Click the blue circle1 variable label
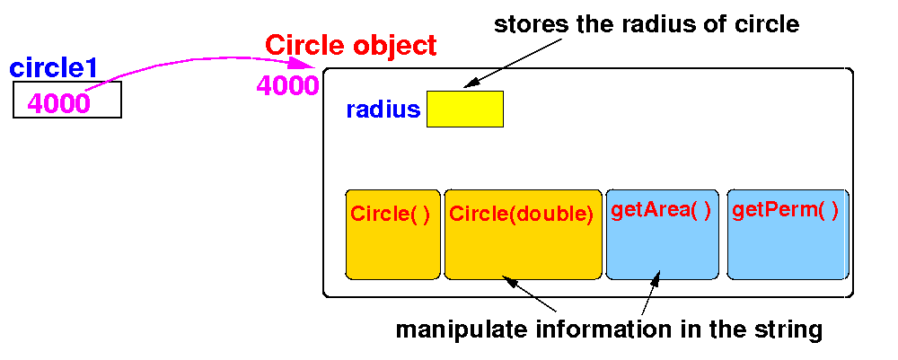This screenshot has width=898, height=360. [x=53, y=67]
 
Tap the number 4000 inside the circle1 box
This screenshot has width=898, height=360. [x=59, y=103]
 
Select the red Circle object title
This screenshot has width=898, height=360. [x=351, y=45]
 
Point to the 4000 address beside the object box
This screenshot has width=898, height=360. [x=287, y=85]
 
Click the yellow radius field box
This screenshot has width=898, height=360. [x=464, y=109]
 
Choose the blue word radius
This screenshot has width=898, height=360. [x=383, y=110]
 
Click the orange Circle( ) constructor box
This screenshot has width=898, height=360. [x=392, y=233]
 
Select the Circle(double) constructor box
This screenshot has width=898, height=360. [x=523, y=233]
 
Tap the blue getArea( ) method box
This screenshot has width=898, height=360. [x=662, y=233]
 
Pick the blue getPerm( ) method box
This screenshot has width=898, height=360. [x=788, y=233]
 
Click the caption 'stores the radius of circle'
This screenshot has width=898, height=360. [x=647, y=23]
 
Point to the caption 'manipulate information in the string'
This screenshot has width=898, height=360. [x=609, y=329]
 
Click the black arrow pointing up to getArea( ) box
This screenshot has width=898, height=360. [x=651, y=292]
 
